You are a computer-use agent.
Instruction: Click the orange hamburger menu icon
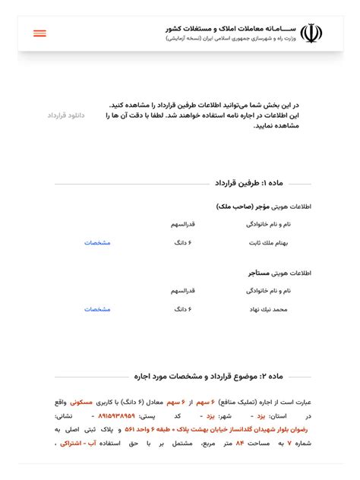point(39,33)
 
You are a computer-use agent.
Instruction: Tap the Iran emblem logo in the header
point(311,33)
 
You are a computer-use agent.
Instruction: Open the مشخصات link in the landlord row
point(97,243)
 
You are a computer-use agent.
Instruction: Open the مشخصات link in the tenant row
point(97,309)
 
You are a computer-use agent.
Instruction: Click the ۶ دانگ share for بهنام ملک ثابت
point(182,243)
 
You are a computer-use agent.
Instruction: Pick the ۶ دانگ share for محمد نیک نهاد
point(182,309)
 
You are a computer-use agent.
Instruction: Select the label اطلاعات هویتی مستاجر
point(279,273)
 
